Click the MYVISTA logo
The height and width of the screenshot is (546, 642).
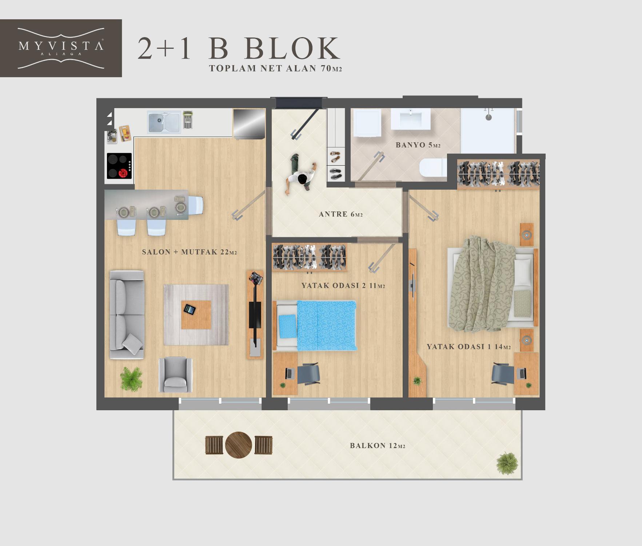61,48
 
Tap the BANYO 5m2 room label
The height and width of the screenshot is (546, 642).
418,145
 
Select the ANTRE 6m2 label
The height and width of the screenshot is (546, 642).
341,214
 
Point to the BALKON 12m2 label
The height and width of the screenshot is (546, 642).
378,446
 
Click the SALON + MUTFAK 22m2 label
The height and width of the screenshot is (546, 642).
190,252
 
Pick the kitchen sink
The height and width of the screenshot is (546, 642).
164,122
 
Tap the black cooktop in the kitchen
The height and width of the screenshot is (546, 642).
119,166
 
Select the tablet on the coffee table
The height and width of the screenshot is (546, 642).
189,309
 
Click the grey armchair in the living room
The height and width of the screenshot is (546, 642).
176,375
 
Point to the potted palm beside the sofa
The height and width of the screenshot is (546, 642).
131,379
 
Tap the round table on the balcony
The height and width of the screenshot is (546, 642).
239,445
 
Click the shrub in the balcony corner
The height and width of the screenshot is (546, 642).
507,463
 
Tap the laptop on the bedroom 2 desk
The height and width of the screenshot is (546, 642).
290,373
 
